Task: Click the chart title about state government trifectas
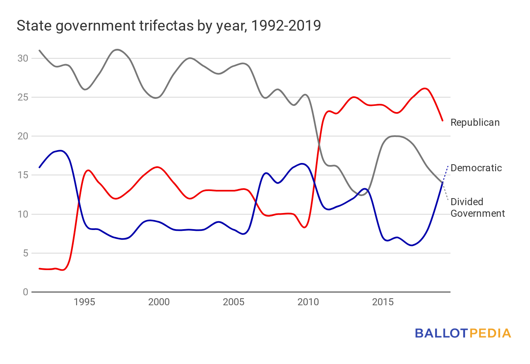pos(169,26)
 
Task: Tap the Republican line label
pos(475,122)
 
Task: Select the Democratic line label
pos(476,168)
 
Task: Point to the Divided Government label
pos(477,208)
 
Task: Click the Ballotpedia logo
pos(463,333)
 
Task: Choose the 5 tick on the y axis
pos(24,253)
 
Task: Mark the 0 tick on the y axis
pos(24,292)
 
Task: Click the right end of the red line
pos(443,120)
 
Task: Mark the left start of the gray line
pos(39,50)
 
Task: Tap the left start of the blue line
pos(39,167)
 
